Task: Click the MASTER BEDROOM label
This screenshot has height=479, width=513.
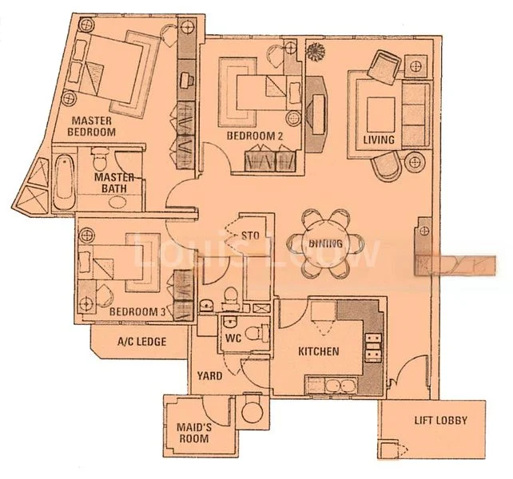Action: point(93,126)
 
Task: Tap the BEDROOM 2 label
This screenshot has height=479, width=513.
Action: point(255,136)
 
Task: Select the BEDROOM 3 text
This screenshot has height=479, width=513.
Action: point(137,311)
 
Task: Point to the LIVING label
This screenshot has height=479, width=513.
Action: point(379,140)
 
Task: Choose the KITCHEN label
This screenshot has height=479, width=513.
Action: point(318,351)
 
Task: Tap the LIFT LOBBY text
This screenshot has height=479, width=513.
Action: point(440,421)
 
